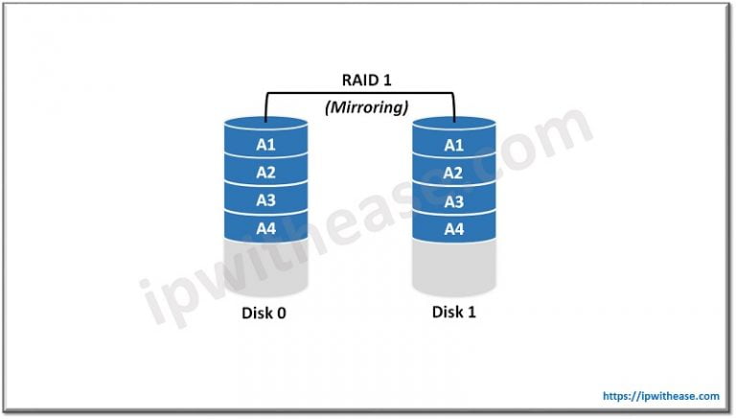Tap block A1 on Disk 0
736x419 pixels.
coord(265,145)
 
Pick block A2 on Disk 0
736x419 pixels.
coord(265,173)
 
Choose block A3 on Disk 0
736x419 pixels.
coord(265,200)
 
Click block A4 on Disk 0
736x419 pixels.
coord(265,228)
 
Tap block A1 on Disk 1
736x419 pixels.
coord(453,146)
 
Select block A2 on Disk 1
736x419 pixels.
coord(453,174)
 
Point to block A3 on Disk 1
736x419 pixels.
coord(453,201)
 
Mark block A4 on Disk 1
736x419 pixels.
coord(453,229)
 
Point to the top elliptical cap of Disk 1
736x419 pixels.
coord(453,125)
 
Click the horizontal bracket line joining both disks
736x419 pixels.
coord(359,94)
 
